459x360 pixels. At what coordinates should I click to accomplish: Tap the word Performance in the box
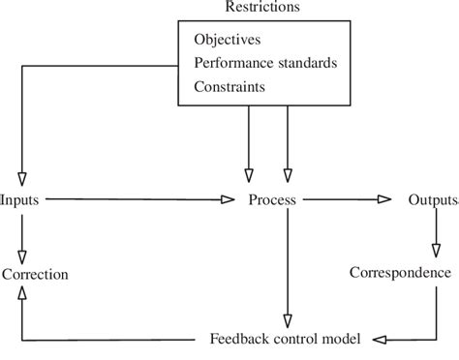tap(232, 63)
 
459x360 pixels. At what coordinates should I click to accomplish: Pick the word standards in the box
tap(305, 63)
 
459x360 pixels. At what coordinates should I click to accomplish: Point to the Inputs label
tap(20, 200)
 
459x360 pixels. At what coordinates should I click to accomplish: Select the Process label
tap(272, 200)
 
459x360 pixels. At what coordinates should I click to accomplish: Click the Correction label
tap(36, 274)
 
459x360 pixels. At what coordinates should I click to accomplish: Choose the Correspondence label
tap(401, 272)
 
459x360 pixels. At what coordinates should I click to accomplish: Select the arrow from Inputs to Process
tap(136, 200)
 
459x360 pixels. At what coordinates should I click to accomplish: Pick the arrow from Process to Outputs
tap(344, 200)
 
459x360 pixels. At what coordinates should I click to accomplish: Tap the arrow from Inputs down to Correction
tap(21, 232)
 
